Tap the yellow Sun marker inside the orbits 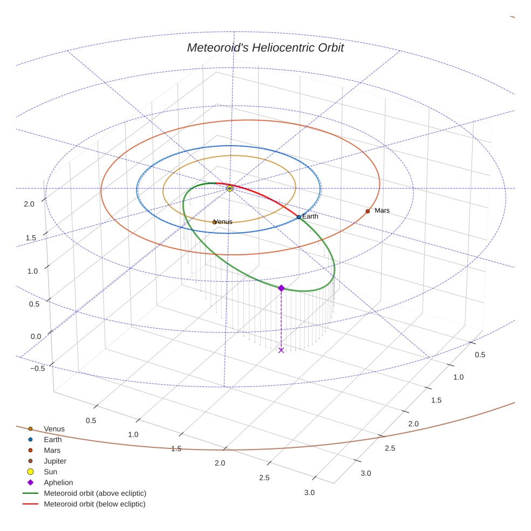230,188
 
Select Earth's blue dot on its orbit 298,217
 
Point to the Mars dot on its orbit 367,211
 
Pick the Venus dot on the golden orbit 215,222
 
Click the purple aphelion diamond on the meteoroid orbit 281,288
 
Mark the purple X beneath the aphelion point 281,350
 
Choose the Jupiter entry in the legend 55,461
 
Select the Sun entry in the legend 50,472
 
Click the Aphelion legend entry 58,482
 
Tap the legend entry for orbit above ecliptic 94,493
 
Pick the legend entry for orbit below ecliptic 94,504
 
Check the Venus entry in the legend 54,429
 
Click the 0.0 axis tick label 36,336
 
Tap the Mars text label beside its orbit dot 382,210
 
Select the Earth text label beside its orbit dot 310,216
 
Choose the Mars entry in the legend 52,450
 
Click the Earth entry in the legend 52,440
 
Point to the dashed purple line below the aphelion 281,321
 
